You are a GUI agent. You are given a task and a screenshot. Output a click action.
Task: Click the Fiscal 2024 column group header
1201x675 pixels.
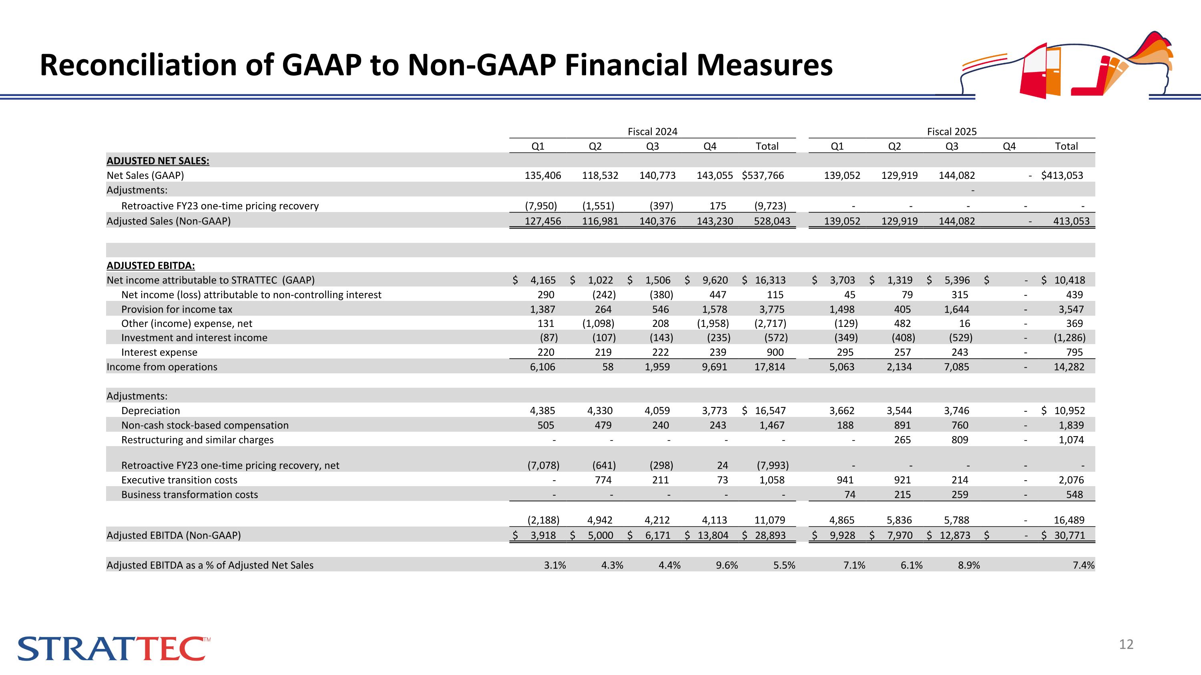(x=652, y=132)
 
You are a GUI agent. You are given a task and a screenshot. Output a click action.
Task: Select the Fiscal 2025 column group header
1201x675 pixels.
(x=952, y=132)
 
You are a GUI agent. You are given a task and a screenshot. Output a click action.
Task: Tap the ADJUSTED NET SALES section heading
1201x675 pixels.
(x=158, y=161)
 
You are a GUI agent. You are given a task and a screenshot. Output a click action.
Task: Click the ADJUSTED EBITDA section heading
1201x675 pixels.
(x=151, y=266)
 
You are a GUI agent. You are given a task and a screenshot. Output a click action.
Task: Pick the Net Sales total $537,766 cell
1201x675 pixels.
(x=763, y=176)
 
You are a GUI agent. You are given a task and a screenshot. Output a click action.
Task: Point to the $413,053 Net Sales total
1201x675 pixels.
(x=1062, y=176)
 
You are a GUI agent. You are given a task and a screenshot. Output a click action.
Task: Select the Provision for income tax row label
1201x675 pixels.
(x=176, y=309)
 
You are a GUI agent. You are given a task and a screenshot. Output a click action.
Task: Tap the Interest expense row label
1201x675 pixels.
(x=159, y=352)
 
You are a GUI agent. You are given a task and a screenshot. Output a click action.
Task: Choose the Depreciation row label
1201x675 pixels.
(x=150, y=411)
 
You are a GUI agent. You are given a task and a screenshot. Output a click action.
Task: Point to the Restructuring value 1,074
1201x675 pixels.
(x=1071, y=440)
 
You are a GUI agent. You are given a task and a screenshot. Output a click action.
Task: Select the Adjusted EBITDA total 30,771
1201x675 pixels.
(x=1070, y=536)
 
